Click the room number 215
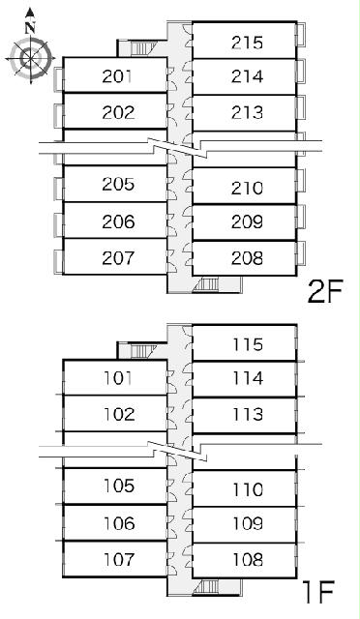coord(247,43)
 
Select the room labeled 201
coord(117,76)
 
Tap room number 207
coord(118,258)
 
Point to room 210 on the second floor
coord(247,188)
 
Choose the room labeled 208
coord(247,258)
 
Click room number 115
coord(248,344)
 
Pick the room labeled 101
coord(118,378)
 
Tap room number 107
coord(119,559)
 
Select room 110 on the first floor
coord(248,489)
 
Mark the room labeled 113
coord(248,415)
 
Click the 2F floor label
coord(324,291)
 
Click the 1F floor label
coord(318,592)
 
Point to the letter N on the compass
coord(30,28)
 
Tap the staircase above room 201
coord(139,48)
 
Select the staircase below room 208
coord(208,284)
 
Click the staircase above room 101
coord(139,350)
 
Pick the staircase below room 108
coord(208,587)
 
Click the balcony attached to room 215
coord(301,34)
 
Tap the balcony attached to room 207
coord(58,261)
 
